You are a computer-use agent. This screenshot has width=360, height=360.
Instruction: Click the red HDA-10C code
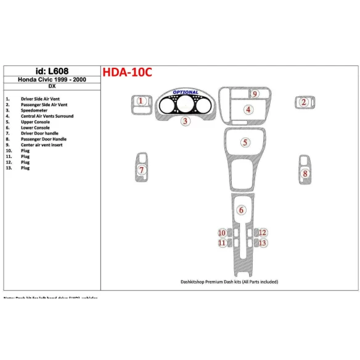click(126, 72)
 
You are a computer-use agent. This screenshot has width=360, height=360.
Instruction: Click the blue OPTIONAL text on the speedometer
click(186, 92)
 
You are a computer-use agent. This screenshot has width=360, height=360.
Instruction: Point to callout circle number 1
click(141, 101)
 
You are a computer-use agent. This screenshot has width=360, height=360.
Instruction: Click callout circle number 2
click(303, 102)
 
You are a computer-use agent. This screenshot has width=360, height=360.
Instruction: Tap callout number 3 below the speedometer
click(185, 121)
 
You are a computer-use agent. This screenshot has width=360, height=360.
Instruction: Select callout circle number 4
click(248, 110)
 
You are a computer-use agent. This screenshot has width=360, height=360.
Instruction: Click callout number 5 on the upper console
click(245, 143)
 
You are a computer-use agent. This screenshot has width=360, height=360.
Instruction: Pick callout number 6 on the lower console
click(242, 210)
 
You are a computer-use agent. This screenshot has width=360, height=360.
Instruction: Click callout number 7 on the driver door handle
click(142, 170)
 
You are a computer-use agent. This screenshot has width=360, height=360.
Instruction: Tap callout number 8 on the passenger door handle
click(305, 174)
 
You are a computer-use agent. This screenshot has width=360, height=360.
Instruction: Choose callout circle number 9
click(255, 94)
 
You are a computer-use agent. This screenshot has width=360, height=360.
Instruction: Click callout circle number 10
click(222, 232)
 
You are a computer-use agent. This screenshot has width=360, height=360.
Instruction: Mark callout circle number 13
click(263, 243)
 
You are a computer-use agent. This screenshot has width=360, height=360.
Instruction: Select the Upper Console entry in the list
click(36, 122)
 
